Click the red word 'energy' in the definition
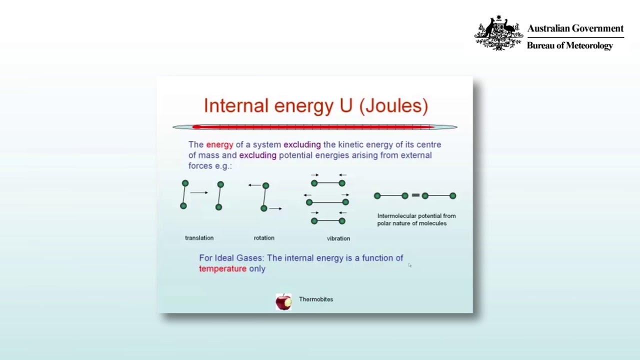219,145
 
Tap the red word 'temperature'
222,268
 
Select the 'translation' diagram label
199,237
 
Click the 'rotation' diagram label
264,237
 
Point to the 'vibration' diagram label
338,238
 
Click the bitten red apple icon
283,301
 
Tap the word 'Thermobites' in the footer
316,299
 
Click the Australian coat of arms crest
498,32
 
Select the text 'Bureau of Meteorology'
569,45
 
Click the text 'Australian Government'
575,28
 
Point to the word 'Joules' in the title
393,105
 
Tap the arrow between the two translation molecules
199,192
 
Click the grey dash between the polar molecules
415,195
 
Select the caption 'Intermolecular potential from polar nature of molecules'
416,219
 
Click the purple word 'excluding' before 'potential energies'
257,155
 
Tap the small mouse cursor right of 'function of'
409,265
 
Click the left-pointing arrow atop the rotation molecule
254,185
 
